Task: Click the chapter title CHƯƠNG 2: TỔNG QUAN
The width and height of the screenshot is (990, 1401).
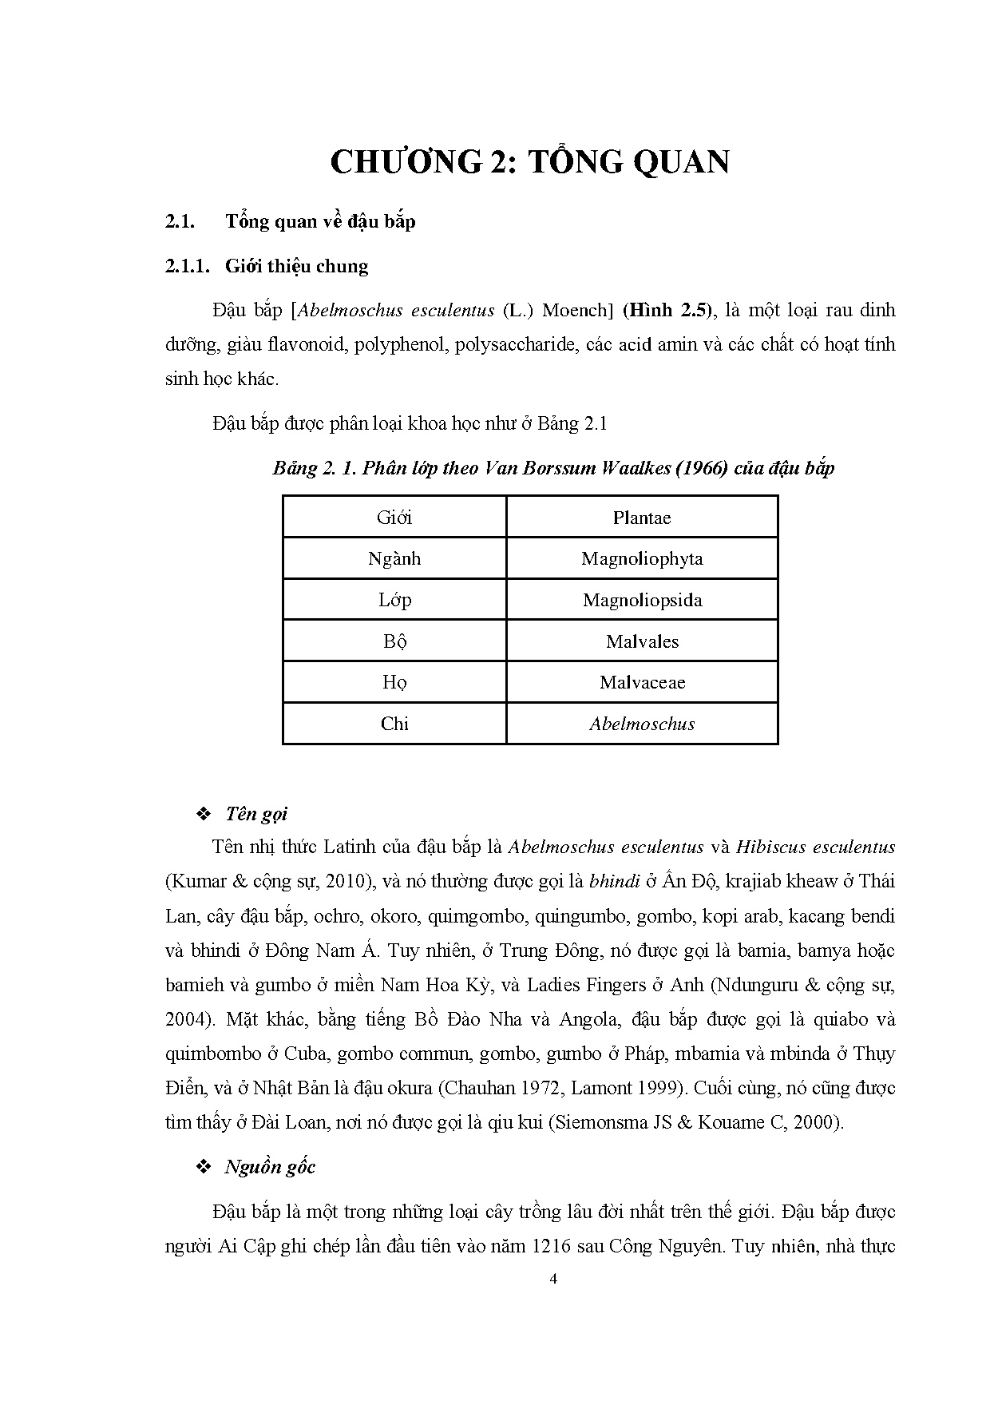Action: point(529,161)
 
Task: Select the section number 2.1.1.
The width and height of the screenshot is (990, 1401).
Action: point(187,267)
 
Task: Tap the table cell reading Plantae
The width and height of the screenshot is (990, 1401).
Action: point(641,518)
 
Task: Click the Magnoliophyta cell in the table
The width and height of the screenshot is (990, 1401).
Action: point(641,558)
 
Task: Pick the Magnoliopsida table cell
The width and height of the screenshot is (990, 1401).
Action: point(641,600)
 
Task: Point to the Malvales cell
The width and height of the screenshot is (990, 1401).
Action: point(641,641)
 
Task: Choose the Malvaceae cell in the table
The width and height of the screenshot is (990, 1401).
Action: point(641,682)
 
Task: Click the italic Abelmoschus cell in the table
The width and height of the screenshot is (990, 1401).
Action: point(641,724)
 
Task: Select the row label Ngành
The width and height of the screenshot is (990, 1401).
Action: point(394,558)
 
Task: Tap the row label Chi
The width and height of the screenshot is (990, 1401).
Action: point(394,724)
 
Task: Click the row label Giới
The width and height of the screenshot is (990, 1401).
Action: point(394,518)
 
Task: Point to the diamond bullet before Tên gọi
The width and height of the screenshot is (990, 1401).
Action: point(203,814)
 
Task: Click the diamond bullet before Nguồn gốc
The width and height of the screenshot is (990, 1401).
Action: point(203,1167)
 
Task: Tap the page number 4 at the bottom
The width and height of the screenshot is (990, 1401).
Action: point(554,1279)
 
